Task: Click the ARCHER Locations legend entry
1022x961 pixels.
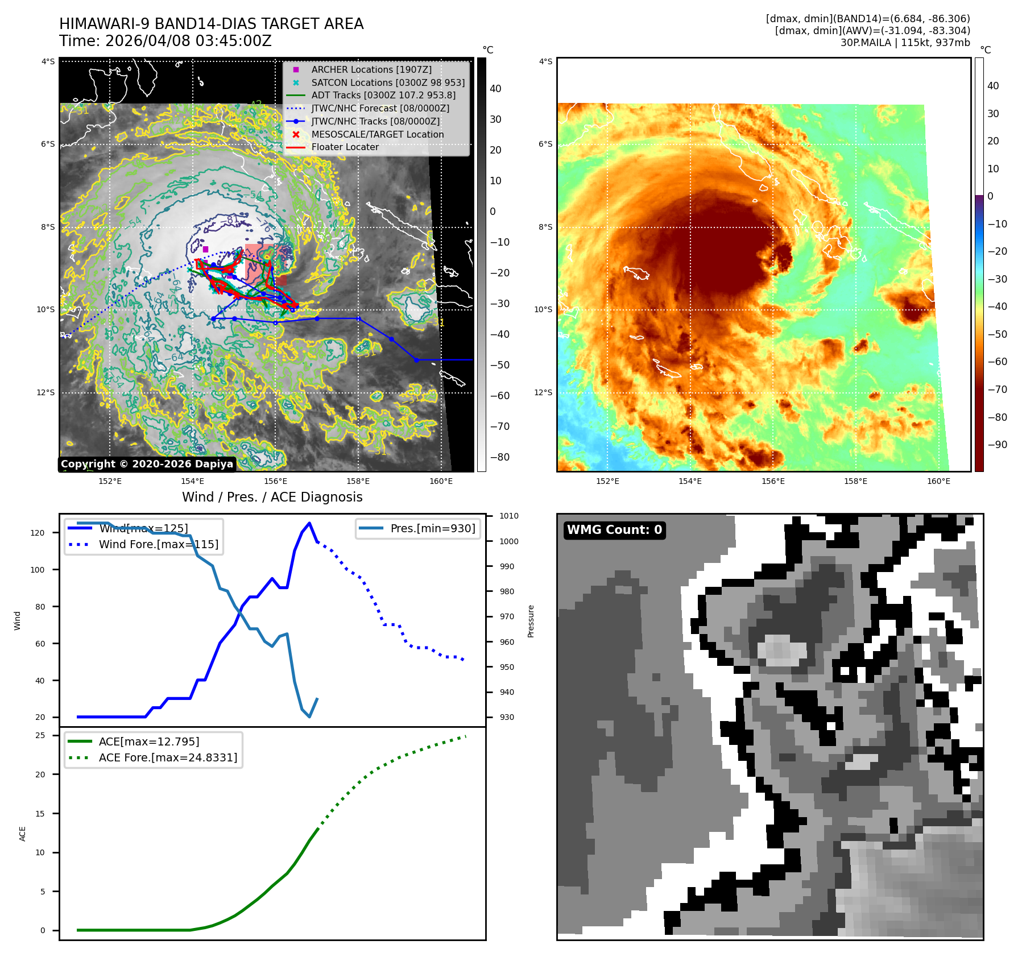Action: [371, 69]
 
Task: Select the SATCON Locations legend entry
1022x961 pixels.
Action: [387, 82]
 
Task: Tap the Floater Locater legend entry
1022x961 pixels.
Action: [345, 147]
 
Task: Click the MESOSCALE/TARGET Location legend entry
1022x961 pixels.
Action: [377, 134]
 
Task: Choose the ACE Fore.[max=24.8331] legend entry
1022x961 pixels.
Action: [168, 757]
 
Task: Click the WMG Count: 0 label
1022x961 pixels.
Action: [614, 530]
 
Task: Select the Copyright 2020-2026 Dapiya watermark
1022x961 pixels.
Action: [147, 464]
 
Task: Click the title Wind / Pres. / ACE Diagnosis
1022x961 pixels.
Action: [272, 497]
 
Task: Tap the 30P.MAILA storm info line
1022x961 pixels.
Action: [905, 43]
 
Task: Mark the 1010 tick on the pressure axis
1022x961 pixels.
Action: [509, 516]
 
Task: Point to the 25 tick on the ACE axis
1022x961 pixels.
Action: [40, 735]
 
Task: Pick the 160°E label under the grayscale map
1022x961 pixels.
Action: [441, 482]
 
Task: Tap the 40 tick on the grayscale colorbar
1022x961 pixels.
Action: [495, 89]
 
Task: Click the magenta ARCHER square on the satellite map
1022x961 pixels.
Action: [205, 249]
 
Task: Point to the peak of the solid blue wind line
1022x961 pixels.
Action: [309, 523]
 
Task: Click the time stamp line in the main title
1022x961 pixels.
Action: [165, 41]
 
